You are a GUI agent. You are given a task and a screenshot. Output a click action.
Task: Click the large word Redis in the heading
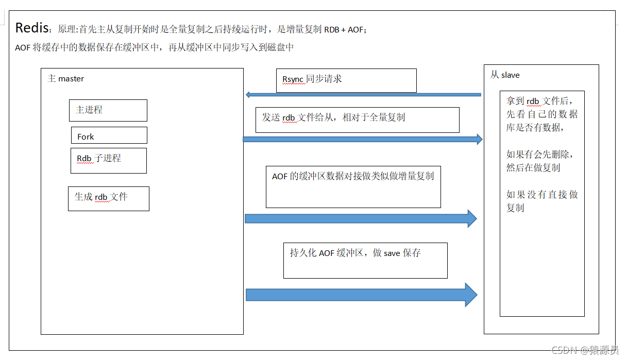[32, 28]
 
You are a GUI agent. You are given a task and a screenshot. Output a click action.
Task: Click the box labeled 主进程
[108, 111]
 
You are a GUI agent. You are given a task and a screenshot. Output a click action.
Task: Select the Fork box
[109, 135]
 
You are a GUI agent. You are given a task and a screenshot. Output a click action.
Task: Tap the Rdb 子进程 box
[109, 161]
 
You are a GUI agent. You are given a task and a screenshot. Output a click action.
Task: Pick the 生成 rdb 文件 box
[109, 199]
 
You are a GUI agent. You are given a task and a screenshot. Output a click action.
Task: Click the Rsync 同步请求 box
[346, 80]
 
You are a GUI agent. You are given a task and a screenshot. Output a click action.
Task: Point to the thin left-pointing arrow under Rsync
[363, 95]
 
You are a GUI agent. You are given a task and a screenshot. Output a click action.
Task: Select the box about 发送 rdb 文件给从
[358, 120]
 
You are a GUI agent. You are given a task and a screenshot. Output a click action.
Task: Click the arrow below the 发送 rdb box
[363, 139]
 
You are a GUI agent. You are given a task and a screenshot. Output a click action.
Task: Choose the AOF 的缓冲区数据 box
[353, 187]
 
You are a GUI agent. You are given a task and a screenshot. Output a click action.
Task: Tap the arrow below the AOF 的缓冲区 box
[361, 218]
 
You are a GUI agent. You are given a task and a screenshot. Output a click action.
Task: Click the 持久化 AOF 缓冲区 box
[365, 261]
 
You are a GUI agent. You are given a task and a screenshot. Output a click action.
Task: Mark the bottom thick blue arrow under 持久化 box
[361, 295]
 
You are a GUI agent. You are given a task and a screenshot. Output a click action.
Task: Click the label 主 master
[66, 79]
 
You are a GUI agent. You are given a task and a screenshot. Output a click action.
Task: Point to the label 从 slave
[505, 75]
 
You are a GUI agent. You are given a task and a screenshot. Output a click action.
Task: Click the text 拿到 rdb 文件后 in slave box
[539, 101]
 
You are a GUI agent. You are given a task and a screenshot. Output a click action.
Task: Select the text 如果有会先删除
[539, 154]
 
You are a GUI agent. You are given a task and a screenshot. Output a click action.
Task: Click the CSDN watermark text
[585, 350]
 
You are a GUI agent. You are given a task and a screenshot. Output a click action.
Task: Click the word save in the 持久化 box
[392, 253]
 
